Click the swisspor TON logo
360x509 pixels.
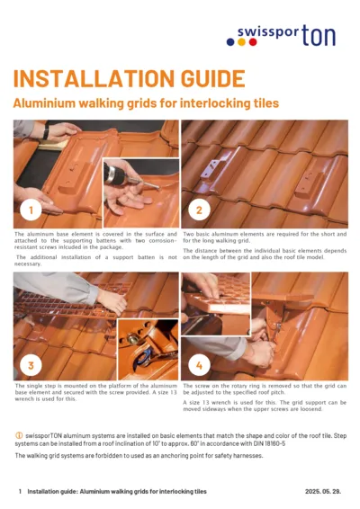(x=286, y=35)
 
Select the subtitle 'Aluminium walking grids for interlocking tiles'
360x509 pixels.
(x=145, y=103)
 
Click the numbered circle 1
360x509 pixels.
(x=31, y=211)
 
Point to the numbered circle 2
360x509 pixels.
(x=199, y=211)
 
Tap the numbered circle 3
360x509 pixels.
(x=31, y=364)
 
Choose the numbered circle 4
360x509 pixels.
(x=199, y=364)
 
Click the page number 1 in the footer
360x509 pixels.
(x=20, y=492)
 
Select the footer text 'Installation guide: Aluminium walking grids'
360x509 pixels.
(x=117, y=492)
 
